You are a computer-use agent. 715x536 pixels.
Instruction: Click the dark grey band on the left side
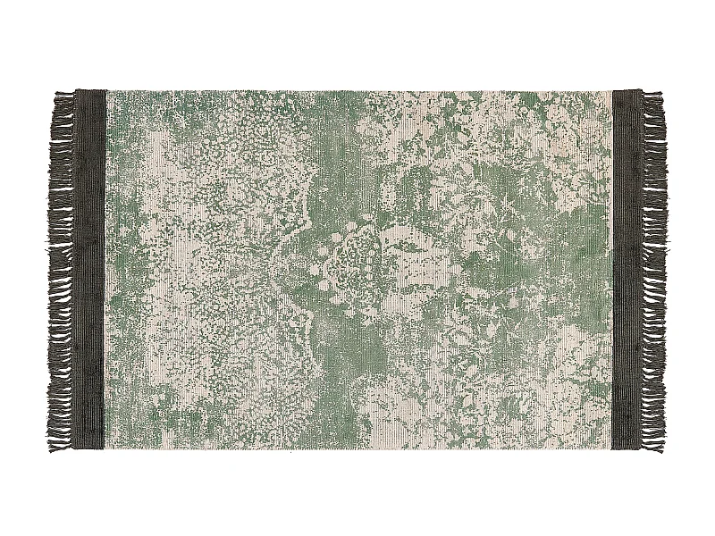tap(91, 268)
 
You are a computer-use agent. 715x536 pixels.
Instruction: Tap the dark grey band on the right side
tap(625, 268)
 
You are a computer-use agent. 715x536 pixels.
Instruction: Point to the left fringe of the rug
tap(63, 268)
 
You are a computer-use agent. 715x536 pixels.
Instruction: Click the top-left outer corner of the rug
tap(77, 90)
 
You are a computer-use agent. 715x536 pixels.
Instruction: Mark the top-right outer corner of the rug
tap(640, 89)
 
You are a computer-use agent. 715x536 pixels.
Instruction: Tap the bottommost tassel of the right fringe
tap(654, 440)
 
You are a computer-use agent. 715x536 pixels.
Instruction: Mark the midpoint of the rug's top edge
tap(357, 90)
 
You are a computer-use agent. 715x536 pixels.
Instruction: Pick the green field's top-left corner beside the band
tap(107, 91)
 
